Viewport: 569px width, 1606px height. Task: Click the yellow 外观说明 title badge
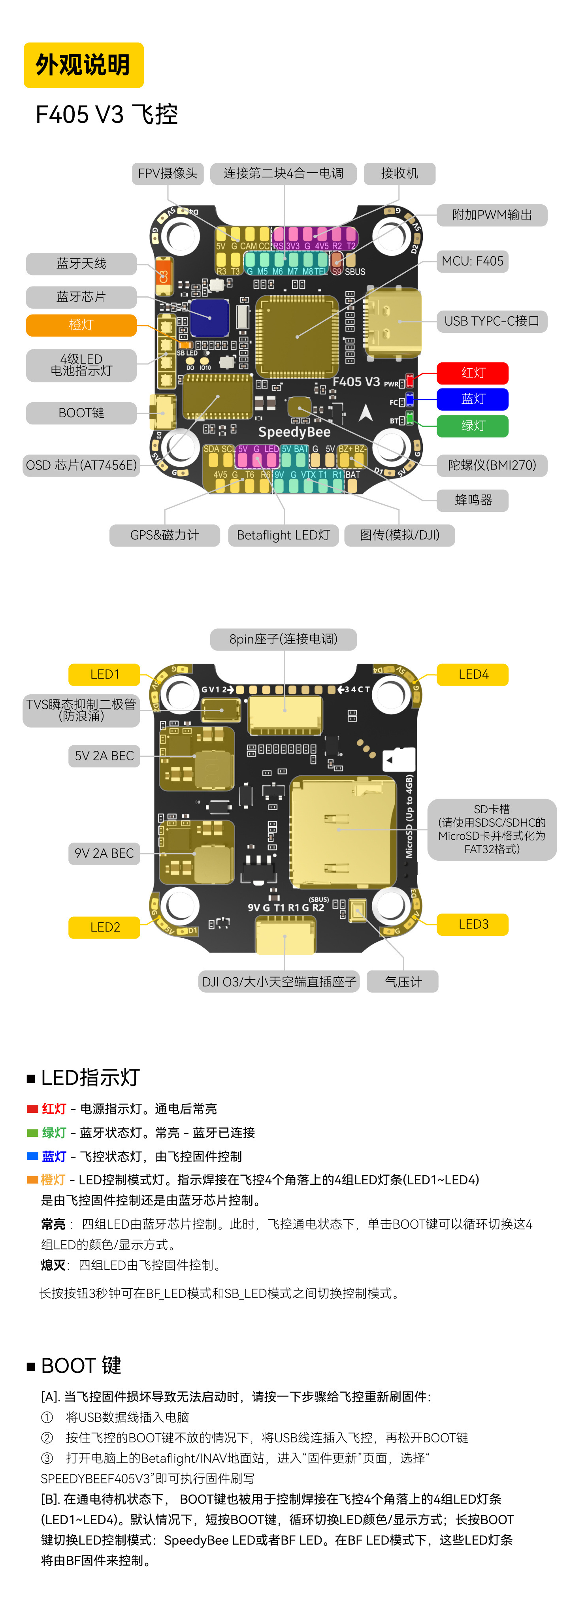pyautogui.click(x=83, y=65)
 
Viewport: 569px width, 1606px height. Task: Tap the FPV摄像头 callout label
pyautogui.click(x=168, y=173)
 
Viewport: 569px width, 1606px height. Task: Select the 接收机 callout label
pyautogui.click(x=399, y=173)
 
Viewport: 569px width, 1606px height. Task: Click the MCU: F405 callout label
pyautogui.click(x=473, y=261)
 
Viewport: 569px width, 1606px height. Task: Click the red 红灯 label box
pyautogui.click(x=473, y=373)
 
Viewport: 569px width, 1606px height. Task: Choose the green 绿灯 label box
pyautogui.click(x=473, y=426)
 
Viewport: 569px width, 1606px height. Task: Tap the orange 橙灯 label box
pyautogui.click(x=81, y=325)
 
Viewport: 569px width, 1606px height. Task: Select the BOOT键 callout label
pyautogui.click(x=81, y=413)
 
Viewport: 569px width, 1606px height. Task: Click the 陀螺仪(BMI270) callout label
pyautogui.click(x=491, y=465)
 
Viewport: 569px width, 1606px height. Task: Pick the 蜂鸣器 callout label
pyautogui.click(x=473, y=500)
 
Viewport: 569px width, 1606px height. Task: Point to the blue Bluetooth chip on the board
pyautogui.click(x=209, y=317)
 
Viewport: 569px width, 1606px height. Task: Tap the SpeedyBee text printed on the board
pyautogui.click(x=294, y=432)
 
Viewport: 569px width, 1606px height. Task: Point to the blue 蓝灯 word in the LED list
pyautogui.click(x=54, y=1157)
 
